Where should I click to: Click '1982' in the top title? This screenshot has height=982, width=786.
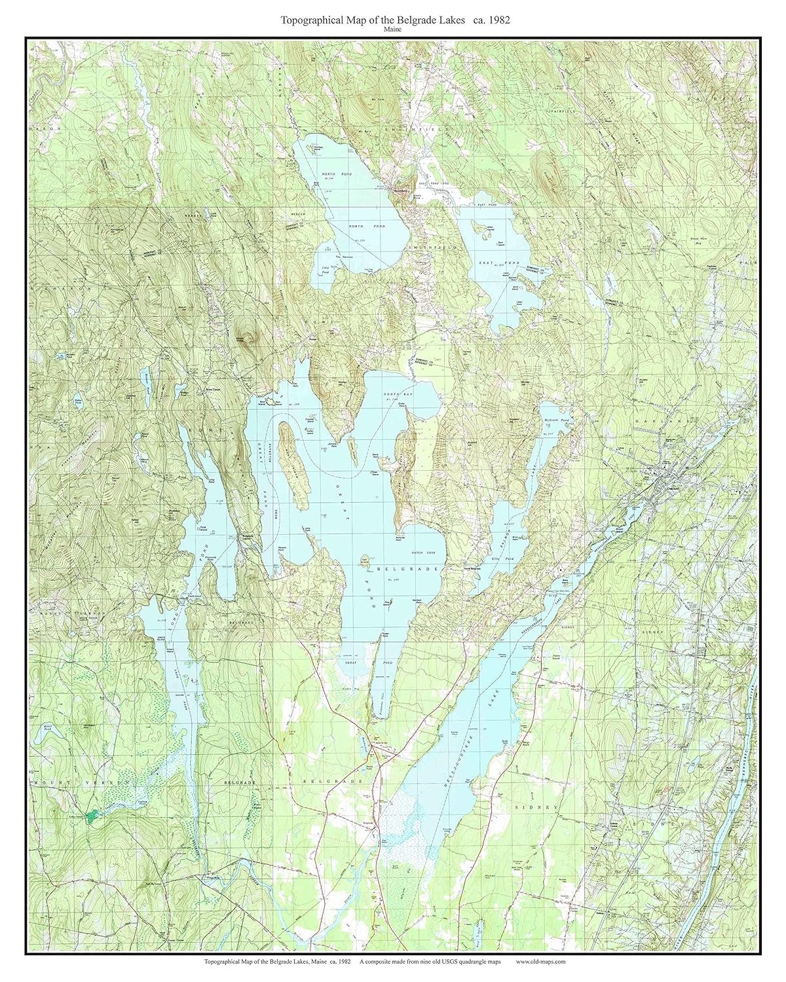coord(496,20)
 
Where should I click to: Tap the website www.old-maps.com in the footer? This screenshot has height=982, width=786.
coord(540,961)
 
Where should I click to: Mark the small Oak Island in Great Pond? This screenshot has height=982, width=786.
coord(365,560)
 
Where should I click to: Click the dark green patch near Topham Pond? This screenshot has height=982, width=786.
coord(94,814)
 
